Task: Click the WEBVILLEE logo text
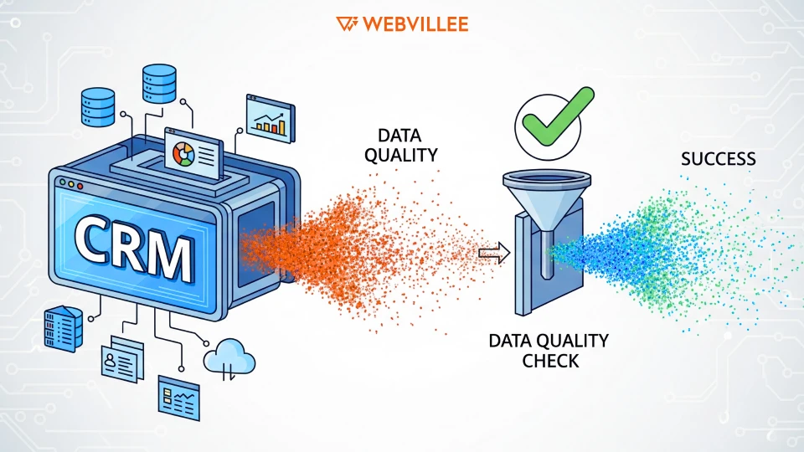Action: pos(415,23)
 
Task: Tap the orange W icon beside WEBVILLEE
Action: pos(347,23)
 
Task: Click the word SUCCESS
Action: pos(718,159)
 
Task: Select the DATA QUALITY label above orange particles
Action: pos(407,145)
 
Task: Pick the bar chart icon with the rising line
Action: pos(270,118)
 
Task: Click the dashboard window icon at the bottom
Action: pos(178,396)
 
